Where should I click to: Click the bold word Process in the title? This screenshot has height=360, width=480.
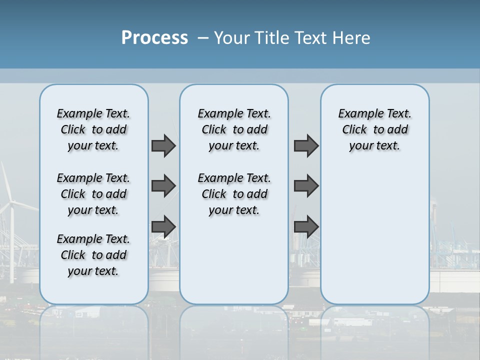[x=154, y=38]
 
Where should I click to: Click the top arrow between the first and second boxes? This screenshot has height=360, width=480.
[x=163, y=145]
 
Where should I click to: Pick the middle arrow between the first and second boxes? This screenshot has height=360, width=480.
[x=163, y=186]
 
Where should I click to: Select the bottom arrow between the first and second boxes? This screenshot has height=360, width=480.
[x=163, y=227]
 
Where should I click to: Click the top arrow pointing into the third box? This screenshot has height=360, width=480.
[x=306, y=145]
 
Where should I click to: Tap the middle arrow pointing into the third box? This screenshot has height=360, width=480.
[x=306, y=186]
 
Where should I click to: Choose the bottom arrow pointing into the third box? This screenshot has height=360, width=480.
[x=306, y=227]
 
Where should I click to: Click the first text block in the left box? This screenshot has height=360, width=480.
[x=93, y=129]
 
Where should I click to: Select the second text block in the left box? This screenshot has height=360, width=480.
[x=93, y=194]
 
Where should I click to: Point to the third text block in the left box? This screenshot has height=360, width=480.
[x=93, y=255]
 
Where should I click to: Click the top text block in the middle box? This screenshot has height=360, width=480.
[x=234, y=129]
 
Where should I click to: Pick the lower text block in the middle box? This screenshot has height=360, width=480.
[x=234, y=194]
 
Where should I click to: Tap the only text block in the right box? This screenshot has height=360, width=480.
[x=374, y=129]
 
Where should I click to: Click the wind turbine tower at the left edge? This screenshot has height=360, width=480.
[x=11, y=240]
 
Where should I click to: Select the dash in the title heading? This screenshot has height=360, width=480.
[x=203, y=38]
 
